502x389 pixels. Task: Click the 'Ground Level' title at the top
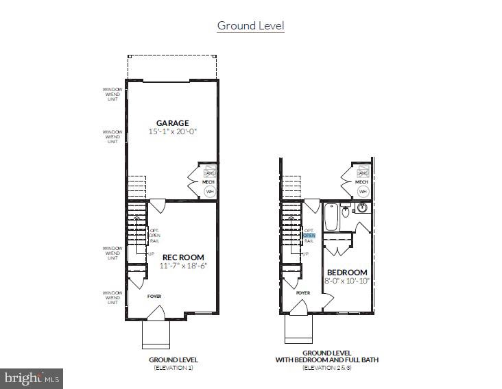[250, 26]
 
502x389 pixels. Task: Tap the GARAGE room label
[172, 123]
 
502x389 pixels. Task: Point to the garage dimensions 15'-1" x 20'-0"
[172, 131]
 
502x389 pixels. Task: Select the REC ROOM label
[184, 258]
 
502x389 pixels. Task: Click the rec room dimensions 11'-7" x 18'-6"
[184, 266]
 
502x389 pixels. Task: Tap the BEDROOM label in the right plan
[347, 272]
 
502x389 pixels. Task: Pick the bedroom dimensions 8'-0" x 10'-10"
[347, 280]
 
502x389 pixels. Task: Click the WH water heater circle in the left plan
[210, 191]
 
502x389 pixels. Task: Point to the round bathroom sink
[362, 208]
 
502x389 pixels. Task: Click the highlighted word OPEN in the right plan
[309, 236]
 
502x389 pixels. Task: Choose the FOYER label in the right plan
[303, 292]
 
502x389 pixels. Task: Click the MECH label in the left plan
[210, 181]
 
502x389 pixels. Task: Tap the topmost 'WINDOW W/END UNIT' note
[113, 94]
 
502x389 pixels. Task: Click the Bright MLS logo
[32, 377]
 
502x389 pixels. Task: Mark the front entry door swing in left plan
[157, 314]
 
